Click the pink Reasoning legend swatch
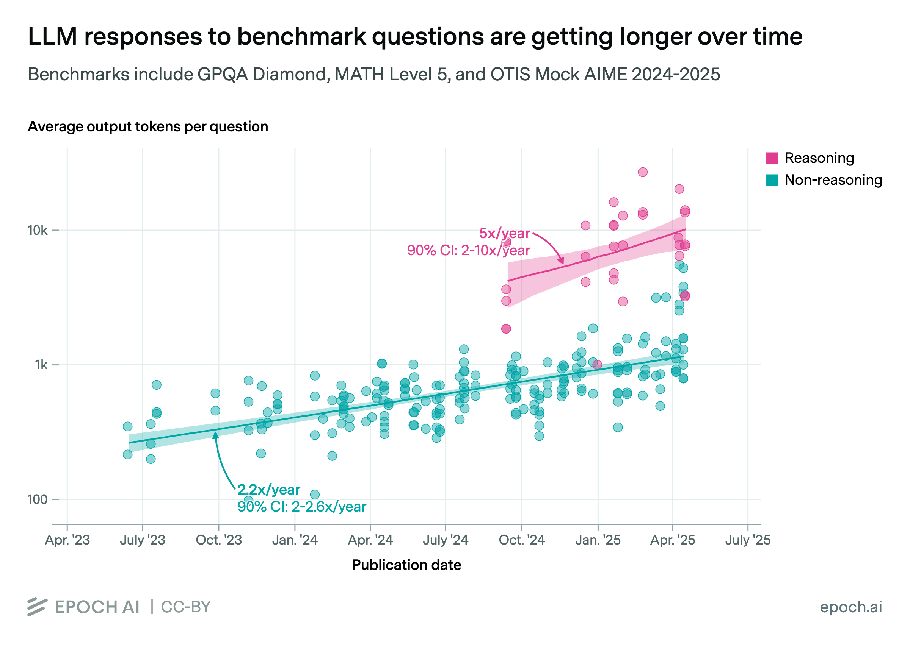(x=772, y=158)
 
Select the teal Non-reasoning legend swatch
(x=772, y=180)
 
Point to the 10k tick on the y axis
(x=38, y=230)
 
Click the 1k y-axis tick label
(x=41, y=365)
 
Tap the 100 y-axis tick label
(x=38, y=499)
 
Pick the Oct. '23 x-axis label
(x=219, y=540)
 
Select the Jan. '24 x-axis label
(x=295, y=540)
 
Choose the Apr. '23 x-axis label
(x=67, y=540)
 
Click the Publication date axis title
(x=406, y=565)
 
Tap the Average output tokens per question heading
(x=148, y=126)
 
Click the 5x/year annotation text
(x=504, y=233)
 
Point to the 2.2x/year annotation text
(x=269, y=489)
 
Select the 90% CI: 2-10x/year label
(x=468, y=250)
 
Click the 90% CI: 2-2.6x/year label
(x=302, y=507)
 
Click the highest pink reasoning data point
(x=642, y=172)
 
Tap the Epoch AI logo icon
(x=38, y=607)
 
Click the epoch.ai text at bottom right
(x=851, y=607)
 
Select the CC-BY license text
(x=185, y=607)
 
